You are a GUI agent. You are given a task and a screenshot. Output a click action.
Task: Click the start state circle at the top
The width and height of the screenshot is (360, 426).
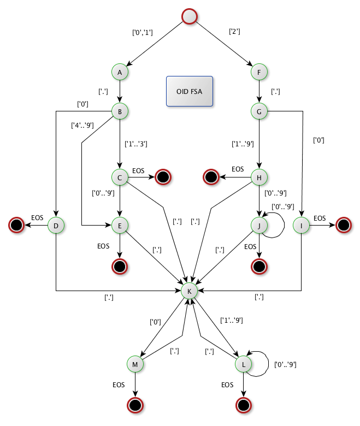(x=189, y=16)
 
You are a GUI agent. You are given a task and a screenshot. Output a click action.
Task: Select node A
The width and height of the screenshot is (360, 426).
(x=120, y=72)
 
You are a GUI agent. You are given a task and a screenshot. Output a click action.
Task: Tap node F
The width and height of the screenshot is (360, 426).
(x=258, y=72)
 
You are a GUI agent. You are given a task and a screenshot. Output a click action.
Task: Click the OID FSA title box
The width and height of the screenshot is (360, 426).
(x=190, y=91)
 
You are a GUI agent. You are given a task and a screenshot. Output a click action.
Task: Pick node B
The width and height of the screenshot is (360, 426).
(x=120, y=111)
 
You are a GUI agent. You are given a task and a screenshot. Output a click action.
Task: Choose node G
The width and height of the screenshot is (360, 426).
(x=258, y=111)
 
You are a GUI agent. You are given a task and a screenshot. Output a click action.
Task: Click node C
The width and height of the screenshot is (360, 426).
(x=120, y=176)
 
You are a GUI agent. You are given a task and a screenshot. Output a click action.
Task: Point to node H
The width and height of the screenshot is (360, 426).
(x=258, y=176)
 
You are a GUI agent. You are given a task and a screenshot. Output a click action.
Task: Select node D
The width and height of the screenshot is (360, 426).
(x=56, y=224)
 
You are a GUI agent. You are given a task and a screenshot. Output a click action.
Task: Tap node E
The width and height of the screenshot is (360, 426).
(x=120, y=224)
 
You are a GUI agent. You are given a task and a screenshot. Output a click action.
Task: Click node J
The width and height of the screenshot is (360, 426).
(x=258, y=224)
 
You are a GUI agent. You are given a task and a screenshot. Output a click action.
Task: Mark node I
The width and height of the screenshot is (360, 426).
(x=301, y=224)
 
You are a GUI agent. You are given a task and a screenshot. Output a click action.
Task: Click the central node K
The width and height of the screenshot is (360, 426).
(x=189, y=291)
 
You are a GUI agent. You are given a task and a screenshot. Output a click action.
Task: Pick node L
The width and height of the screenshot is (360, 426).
(x=243, y=363)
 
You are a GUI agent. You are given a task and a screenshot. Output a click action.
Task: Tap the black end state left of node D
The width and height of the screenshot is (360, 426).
(x=16, y=224)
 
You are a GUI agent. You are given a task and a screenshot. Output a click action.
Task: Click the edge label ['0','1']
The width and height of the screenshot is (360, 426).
(x=143, y=32)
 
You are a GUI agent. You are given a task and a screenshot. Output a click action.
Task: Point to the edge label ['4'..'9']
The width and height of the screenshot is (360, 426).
(x=82, y=126)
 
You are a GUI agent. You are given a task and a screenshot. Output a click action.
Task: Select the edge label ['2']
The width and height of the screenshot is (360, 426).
(x=234, y=31)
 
